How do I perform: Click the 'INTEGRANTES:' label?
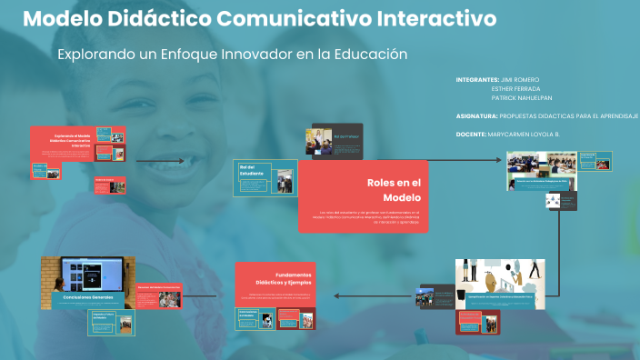point(478,80)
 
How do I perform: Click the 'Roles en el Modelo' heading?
point(391,189)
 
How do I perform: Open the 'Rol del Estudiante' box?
point(264,178)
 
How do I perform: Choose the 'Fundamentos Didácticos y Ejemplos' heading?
point(282,278)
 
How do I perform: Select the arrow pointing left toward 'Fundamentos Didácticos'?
point(364,295)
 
